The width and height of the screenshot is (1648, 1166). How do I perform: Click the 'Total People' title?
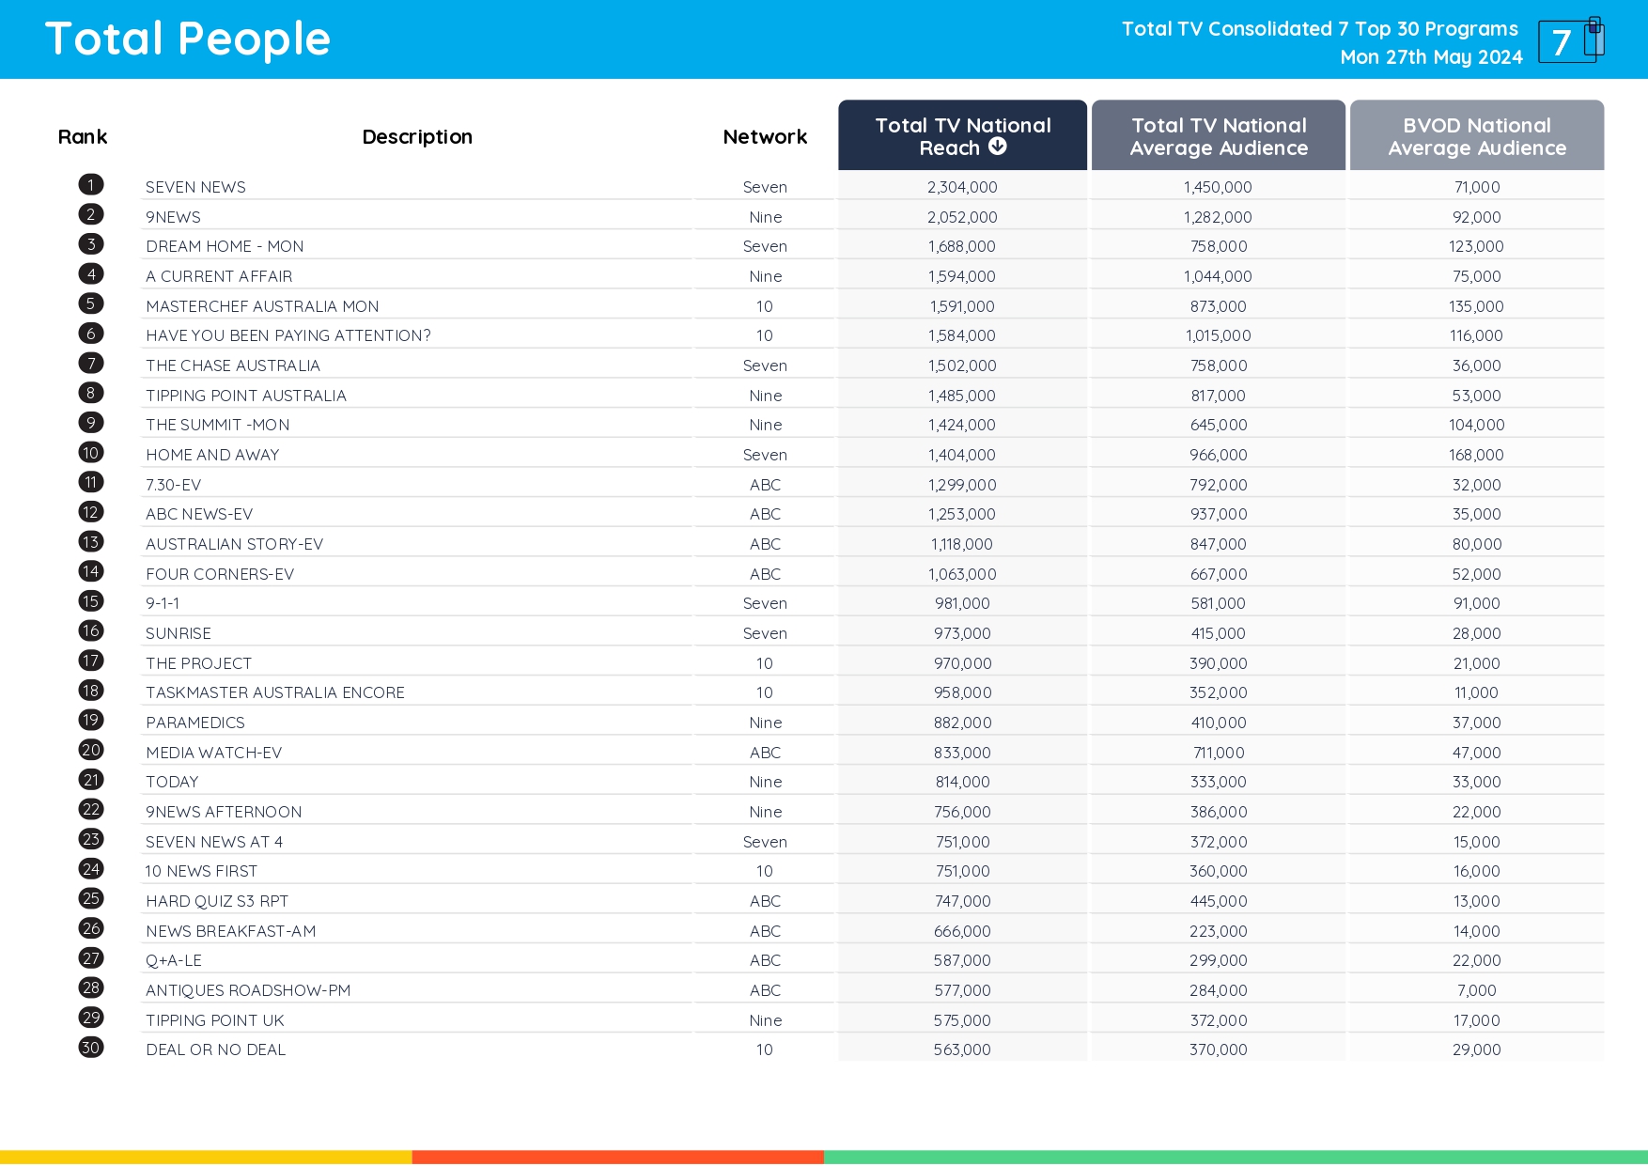coord(188,39)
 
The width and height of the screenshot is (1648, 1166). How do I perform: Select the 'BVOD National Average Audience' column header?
coord(1476,136)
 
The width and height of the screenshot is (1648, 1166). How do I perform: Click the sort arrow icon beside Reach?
coord(998,147)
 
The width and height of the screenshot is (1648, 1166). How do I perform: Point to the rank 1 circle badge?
coord(91,185)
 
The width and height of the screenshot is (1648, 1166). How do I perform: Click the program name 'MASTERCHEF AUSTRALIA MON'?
coord(262,306)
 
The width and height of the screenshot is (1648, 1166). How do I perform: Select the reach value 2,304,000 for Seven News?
coord(962,187)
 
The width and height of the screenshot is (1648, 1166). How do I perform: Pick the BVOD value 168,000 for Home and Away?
coord(1476,455)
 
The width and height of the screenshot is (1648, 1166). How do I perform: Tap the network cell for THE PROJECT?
coord(765,663)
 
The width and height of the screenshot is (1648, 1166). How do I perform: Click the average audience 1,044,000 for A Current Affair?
coord(1218,276)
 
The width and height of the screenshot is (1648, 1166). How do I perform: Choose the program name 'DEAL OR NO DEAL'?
coord(215,1049)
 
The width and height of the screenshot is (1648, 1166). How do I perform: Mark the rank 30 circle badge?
coord(91,1048)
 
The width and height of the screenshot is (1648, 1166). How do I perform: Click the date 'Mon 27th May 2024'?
coord(1431,57)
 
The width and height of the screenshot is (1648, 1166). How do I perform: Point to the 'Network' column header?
coord(765,137)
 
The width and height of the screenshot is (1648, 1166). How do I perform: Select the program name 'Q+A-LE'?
coord(174,960)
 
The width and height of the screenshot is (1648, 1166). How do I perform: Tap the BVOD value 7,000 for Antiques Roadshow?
coord(1476,990)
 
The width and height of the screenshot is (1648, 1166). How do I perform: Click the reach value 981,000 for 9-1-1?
coord(962,603)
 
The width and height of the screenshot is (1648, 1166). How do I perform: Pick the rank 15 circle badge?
coord(91,601)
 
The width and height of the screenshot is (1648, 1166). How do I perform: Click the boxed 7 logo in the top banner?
coord(1569,40)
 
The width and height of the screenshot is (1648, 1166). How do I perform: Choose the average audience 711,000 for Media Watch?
coord(1218,753)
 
